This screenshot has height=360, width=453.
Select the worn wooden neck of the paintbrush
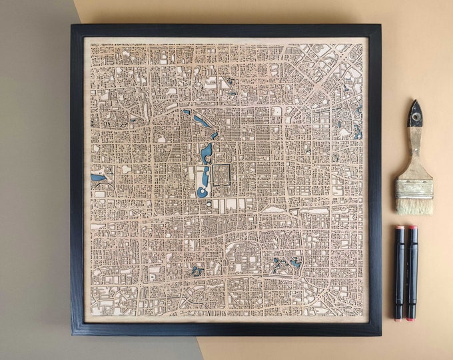pyautogui.click(x=414, y=143)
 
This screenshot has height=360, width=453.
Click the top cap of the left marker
pyautogui.click(x=400, y=231)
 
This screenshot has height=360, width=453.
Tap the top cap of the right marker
pyautogui.click(x=412, y=231)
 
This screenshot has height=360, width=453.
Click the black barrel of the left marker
pyautogui.click(x=400, y=273)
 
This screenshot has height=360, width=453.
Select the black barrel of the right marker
pyautogui.click(x=412, y=273)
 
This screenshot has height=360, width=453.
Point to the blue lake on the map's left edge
pyautogui.click(x=99, y=178)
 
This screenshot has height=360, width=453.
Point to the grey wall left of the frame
pyautogui.click(x=33, y=180)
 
